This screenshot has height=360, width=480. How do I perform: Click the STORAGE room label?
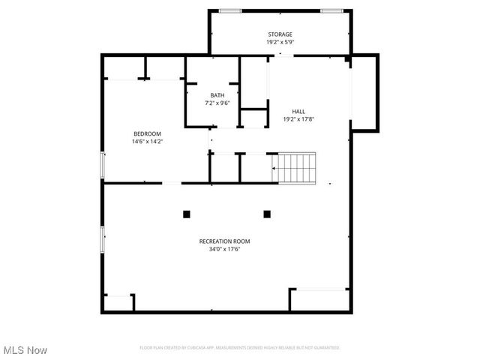tap(280, 34)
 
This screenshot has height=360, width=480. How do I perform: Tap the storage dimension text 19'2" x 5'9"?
tap(280, 43)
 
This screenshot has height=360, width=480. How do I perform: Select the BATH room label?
tap(217, 95)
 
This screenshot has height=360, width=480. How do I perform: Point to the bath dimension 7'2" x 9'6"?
tap(217, 103)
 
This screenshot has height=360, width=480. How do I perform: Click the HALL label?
tap(298, 111)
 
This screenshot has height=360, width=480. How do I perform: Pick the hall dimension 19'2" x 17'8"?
tap(298, 119)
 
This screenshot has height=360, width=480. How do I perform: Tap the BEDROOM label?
tap(147, 133)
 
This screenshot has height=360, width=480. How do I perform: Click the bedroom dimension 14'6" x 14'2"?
tap(147, 141)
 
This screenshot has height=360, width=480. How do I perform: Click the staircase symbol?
tap(297, 167)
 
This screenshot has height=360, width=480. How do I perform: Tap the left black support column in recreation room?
tap(187, 214)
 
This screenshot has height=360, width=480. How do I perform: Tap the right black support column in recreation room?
tap(266, 214)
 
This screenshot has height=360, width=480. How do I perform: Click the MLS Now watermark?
tap(25, 350)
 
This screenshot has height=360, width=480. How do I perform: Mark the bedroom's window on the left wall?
tap(103, 165)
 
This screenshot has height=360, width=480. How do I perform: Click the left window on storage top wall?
tap(230, 10)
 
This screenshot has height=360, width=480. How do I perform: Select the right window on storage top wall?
tap(331, 10)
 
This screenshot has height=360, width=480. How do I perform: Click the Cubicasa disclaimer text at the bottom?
tap(240, 348)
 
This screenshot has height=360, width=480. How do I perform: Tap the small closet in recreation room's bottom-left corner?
tap(118, 302)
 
